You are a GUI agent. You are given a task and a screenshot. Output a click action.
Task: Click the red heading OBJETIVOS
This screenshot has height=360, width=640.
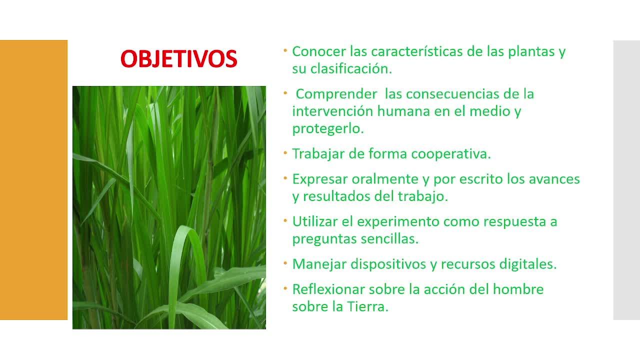coord(179,58)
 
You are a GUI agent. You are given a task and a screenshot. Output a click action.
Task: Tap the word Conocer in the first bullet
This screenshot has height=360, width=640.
coord(319,51)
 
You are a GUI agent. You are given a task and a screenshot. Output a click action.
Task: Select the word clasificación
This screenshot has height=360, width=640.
coord(351,69)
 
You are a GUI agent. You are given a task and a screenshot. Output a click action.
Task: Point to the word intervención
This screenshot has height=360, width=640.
coord(332,111)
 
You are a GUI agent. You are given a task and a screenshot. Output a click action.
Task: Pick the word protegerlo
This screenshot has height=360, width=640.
coord(328,129)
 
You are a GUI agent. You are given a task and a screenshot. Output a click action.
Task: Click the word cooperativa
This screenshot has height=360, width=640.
coord(451,154)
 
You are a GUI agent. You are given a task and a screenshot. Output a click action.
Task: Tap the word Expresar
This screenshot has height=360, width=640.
coord(319,179)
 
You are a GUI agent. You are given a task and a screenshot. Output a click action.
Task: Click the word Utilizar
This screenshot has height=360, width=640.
coord(315,221)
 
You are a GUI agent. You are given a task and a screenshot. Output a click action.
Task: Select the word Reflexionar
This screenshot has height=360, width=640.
coord(328,289)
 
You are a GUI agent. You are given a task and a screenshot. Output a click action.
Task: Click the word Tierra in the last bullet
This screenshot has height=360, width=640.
coord(367,307)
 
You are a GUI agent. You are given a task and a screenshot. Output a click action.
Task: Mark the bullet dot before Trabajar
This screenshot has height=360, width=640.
coord(285,153)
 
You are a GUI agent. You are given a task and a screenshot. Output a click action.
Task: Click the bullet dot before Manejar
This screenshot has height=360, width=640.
coord(285,263)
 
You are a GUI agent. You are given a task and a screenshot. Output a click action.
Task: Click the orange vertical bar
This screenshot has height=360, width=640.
coord(33,180)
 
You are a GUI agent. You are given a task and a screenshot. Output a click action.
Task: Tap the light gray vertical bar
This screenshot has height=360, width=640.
coord(626,180)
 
